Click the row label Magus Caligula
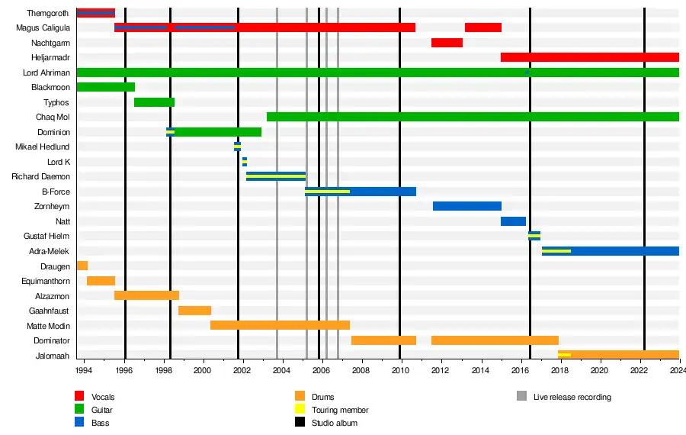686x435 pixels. pyautogui.click(x=43, y=28)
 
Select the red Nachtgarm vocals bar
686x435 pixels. pyautogui.click(x=447, y=43)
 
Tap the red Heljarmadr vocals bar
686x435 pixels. pyautogui.click(x=589, y=57)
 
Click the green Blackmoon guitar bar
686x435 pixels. pyautogui.click(x=105, y=87)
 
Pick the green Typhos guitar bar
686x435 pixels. pyautogui.click(x=154, y=102)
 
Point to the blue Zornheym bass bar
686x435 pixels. pyautogui.click(x=466, y=206)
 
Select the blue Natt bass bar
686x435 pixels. pyautogui.click(x=513, y=221)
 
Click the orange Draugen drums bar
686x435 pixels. pyautogui.click(x=82, y=266)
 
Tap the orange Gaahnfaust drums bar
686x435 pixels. pyautogui.click(x=194, y=311)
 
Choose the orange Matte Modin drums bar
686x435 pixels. pyautogui.click(x=280, y=325)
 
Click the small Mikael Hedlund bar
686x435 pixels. pyautogui.click(x=237, y=147)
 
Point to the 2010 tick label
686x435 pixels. pyautogui.click(x=399, y=370)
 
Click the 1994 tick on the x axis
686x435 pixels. pyautogui.click(x=83, y=370)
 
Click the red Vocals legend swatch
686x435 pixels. pyautogui.click(x=79, y=397)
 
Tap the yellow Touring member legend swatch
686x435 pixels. pyautogui.click(x=300, y=410)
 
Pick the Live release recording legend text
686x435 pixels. pyautogui.click(x=572, y=397)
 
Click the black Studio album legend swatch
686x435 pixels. pyautogui.click(x=300, y=423)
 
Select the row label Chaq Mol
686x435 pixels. pyautogui.click(x=53, y=117)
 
